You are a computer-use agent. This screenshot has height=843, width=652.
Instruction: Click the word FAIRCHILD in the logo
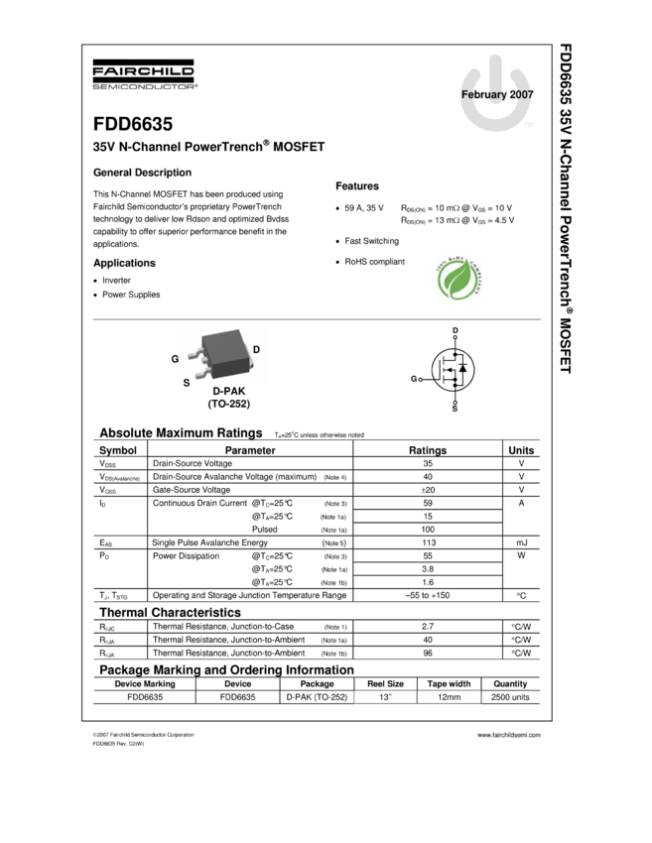144,71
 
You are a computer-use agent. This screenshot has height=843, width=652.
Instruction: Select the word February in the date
483,95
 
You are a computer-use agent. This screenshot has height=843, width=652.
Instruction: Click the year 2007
522,95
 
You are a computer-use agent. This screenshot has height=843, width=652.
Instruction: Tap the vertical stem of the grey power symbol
496,71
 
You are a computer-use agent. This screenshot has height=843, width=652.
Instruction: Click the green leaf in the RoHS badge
458,280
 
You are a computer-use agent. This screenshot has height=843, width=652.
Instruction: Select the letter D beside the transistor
256,350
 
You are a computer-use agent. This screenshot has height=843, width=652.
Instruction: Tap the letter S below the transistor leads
187,382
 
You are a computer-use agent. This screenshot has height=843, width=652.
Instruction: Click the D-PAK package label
228,392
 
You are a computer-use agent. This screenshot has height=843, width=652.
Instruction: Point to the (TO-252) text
228,404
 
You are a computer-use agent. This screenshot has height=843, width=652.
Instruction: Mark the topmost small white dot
455,337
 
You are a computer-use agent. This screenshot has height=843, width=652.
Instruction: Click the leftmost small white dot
421,380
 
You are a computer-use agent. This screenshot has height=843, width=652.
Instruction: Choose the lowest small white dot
455,403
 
